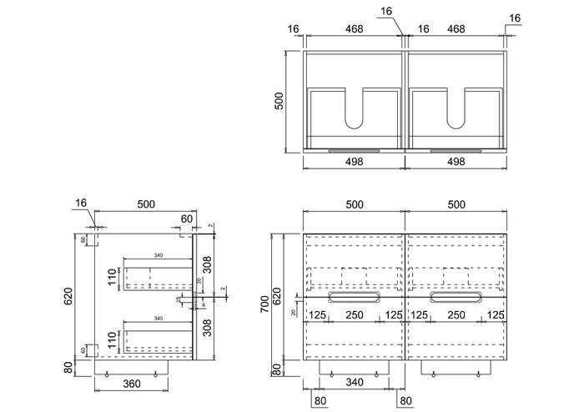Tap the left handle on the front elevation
pos(355,297)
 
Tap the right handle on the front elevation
pos(456,297)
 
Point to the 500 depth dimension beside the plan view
pos(281,100)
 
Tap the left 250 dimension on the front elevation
pos(355,314)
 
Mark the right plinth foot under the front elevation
pos(455,368)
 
